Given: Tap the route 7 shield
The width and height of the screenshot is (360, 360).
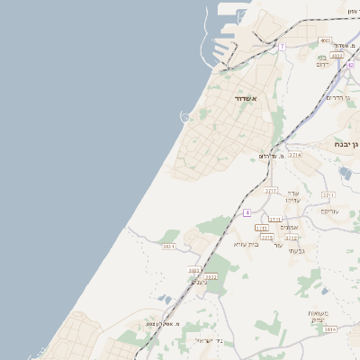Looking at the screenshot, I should point(282,46).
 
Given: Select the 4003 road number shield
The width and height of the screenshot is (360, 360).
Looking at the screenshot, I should point(325,40).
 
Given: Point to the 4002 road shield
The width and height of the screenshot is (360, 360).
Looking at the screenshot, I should point(337,56).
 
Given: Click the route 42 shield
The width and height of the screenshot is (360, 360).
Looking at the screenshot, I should point(350,65).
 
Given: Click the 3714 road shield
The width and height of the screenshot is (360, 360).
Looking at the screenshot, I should point(295,155).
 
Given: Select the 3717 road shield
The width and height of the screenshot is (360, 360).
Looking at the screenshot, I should point(271,191).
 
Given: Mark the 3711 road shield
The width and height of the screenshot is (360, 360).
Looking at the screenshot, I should point(328,194).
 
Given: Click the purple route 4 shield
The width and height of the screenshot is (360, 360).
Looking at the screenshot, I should point(247,212).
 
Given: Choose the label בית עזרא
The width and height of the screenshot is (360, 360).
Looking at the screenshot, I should point(246,244).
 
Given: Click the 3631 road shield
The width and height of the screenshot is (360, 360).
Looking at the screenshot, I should point(168,246).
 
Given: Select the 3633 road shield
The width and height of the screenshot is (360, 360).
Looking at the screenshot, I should point(211,276).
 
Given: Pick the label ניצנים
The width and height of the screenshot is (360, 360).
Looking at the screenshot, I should point(199,282).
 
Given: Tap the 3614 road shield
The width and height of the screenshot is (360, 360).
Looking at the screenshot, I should point(329,329).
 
